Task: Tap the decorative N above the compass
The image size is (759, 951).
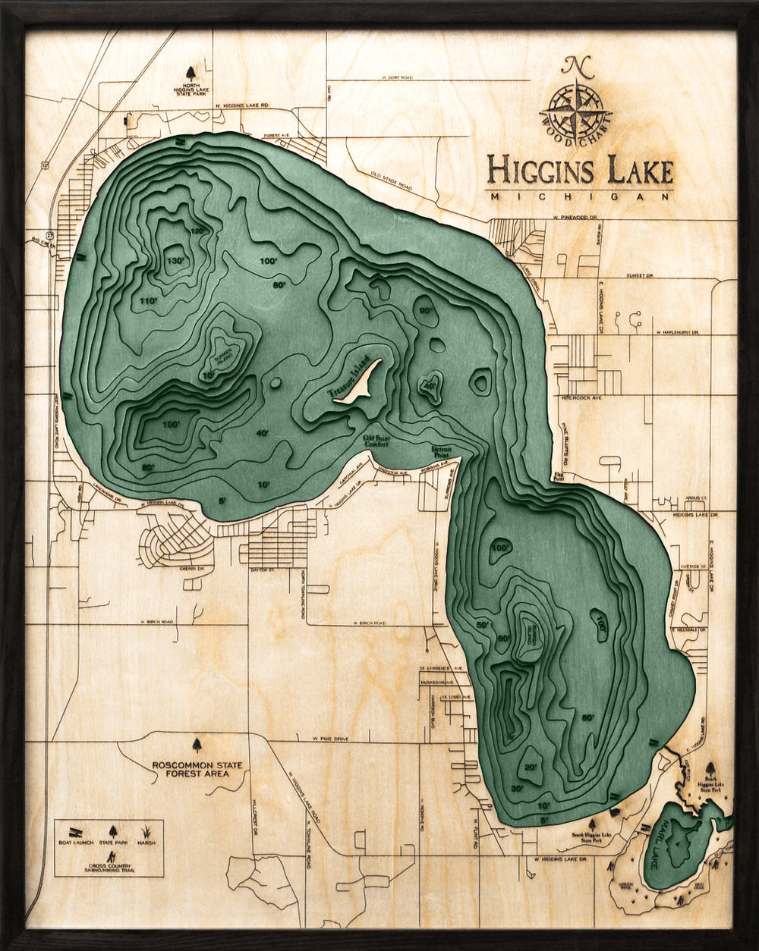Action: click(x=578, y=67)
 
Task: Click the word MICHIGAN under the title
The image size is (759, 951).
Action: click(x=581, y=196)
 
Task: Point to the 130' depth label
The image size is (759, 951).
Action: click(x=175, y=260)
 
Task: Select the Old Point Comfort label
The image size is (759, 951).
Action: click(x=376, y=441)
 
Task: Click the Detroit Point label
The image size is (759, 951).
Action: click(x=442, y=450)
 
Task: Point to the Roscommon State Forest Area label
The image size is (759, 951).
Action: click(x=197, y=769)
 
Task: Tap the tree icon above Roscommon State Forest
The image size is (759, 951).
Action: click(x=197, y=745)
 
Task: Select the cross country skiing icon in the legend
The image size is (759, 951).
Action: click(x=111, y=856)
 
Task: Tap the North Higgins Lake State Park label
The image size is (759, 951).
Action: click(x=191, y=91)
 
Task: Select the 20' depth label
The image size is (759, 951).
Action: click(x=531, y=767)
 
